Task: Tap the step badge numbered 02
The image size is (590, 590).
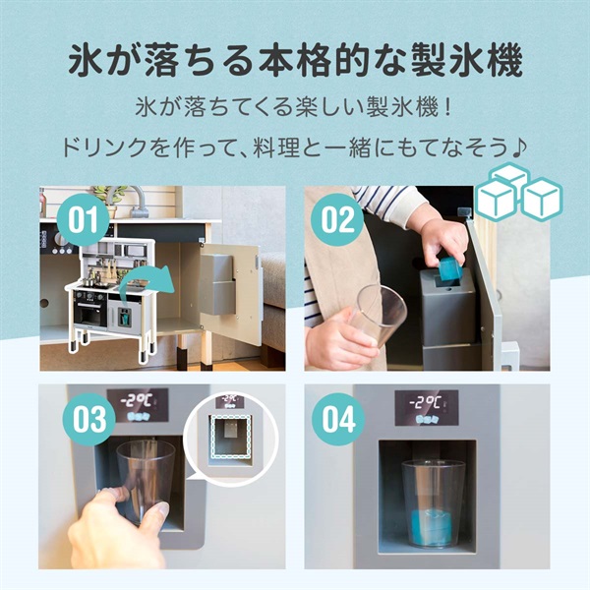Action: click(x=336, y=219)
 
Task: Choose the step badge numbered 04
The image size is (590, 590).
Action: click(x=336, y=421)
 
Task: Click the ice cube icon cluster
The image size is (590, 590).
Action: click(x=515, y=192)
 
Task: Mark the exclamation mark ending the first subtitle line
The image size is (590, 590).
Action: click(x=447, y=105)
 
